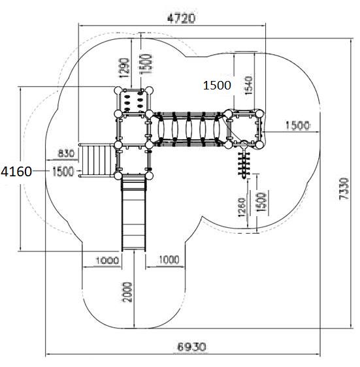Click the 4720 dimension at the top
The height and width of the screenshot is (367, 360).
coord(181,18)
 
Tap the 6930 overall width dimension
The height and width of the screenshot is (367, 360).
coord(192,347)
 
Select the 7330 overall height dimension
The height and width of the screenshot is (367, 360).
coord(344,189)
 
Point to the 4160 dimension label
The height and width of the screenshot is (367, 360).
coord(16,171)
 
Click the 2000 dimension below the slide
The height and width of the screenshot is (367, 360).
coord(127,292)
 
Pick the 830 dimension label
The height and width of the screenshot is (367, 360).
coord(66,153)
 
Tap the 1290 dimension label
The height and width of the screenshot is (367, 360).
coord(124,68)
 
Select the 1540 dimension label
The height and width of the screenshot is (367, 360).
coord(248,85)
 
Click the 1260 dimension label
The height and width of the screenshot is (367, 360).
coord(242,208)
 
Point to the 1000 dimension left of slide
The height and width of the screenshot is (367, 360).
coord(107,261)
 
